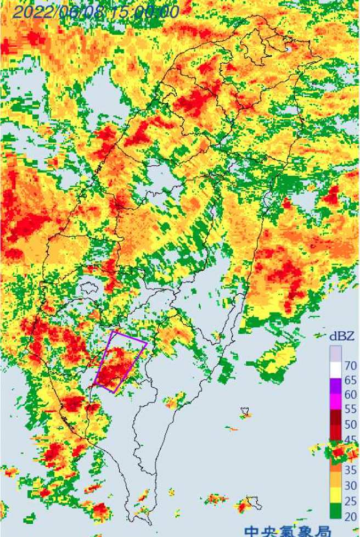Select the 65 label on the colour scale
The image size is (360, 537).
click(x=350, y=380)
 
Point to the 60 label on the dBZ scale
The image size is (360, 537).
click(x=350, y=394)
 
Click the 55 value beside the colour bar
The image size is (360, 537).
click(x=350, y=409)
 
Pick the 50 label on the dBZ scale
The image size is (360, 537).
click(x=350, y=424)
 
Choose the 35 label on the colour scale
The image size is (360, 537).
click(x=350, y=470)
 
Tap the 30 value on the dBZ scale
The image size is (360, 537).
click(x=350, y=485)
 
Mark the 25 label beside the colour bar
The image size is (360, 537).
click(x=350, y=501)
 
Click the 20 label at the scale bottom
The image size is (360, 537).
click(x=350, y=516)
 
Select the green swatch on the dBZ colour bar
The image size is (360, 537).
click(x=335, y=513)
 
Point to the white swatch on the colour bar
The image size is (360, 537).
click(x=335, y=366)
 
